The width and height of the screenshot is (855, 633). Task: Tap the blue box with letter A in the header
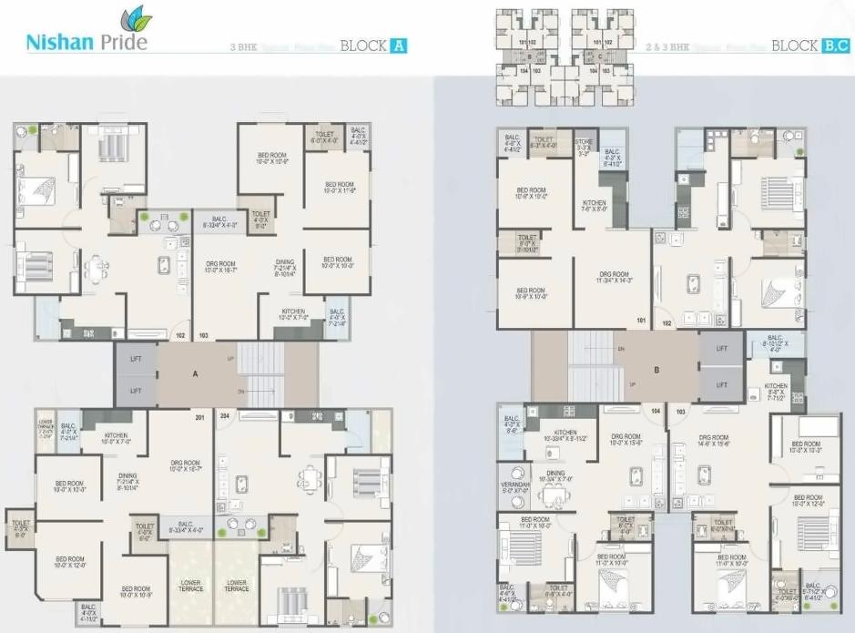click(397, 44)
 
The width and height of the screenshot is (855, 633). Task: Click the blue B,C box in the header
click(836, 44)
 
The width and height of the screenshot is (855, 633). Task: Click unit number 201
click(199, 417)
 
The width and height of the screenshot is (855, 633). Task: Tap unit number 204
click(223, 417)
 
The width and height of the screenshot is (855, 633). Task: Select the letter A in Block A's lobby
click(196, 373)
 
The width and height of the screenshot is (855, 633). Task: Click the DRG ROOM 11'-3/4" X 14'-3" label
click(615, 277)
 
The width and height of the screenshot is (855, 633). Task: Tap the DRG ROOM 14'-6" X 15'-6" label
click(715, 441)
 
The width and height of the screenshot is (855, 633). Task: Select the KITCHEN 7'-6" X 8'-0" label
click(595, 205)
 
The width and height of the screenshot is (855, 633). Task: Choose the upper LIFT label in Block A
click(135, 361)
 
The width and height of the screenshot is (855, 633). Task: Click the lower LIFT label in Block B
click(722, 384)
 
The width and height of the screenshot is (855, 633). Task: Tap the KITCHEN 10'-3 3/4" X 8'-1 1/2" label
click(565, 435)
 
